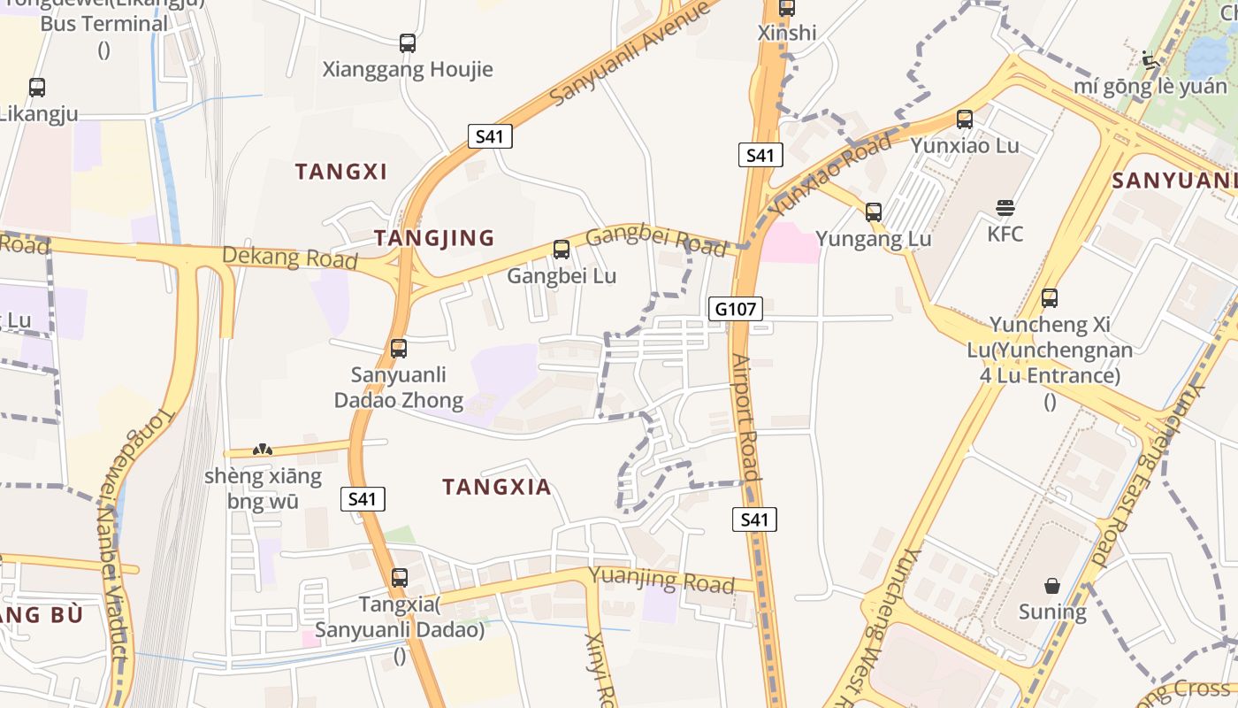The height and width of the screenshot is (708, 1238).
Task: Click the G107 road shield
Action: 736,309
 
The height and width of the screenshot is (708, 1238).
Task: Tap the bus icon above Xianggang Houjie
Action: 407,42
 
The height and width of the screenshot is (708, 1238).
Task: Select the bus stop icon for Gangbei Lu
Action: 561,250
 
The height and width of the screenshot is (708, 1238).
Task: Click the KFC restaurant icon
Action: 1005,209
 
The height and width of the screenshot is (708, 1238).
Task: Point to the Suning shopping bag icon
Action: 1051,586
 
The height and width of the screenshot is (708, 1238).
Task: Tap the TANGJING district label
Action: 433,238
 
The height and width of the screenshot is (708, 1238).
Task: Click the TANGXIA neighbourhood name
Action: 497,487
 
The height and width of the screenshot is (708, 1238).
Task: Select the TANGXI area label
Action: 341,172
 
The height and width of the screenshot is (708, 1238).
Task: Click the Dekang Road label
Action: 290,258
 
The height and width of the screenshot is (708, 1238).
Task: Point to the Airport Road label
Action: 746,418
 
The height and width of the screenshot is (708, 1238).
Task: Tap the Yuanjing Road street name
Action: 661,581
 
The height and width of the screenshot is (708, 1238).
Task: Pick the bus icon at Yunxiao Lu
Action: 964,119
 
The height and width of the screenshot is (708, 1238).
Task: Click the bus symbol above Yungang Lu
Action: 873,212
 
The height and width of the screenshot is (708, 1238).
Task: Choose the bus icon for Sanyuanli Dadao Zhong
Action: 399,349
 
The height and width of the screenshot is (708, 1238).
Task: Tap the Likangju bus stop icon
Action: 36,88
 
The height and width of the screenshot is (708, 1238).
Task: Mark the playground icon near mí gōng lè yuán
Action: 1150,61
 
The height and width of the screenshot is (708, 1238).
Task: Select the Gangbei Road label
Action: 655,237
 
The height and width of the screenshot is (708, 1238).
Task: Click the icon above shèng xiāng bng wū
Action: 263,450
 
